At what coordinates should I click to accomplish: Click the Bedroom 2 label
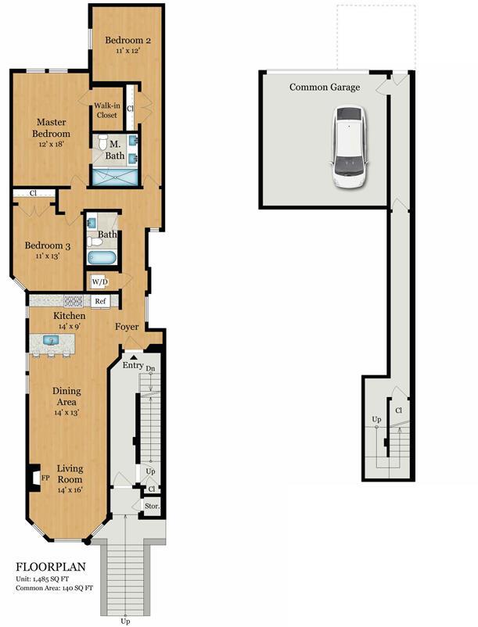coord(128,40)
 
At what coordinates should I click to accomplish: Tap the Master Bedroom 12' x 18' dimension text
coord(51,144)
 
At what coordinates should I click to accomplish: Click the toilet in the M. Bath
coord(102,142)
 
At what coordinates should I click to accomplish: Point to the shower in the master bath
coord(115,177)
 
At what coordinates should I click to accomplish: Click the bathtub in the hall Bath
coord(102,258)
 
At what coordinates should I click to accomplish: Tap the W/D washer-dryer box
coord(99,282)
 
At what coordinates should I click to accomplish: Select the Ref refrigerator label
coord(100,301)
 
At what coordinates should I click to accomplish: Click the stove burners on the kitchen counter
coord(74,301)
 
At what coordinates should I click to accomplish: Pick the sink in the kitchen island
coord(51,340)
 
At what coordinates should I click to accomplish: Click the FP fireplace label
coord(45,478)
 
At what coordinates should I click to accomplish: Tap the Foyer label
coord(127,327)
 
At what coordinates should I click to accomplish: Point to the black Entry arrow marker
coord(134,357)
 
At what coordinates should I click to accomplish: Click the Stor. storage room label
coord(152,507)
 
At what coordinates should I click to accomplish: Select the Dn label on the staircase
coord(150,368)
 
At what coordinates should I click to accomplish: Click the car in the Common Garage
coord(349,147)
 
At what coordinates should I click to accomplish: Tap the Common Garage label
coord(325,88)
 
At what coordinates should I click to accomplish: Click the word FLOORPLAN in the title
coord(51,567)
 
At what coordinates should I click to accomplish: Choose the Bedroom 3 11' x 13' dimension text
coord(48,256)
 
